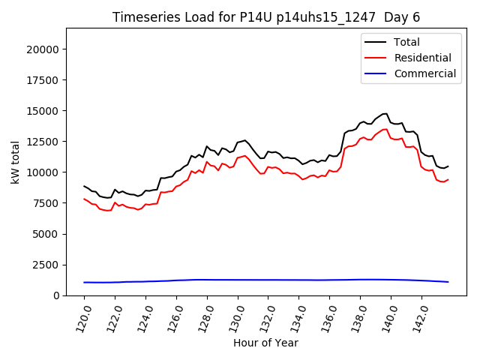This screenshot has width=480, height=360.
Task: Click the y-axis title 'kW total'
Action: [x=16, y=162]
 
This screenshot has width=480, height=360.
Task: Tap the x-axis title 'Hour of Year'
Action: [x=265, y=343]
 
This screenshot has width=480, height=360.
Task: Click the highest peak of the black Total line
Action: [x=385, y=114]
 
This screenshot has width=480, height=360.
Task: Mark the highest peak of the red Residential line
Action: [x=385, y=129]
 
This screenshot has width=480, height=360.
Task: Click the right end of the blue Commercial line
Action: [x=448, y=282]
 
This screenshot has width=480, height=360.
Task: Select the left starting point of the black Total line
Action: [x=84, y=186]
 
